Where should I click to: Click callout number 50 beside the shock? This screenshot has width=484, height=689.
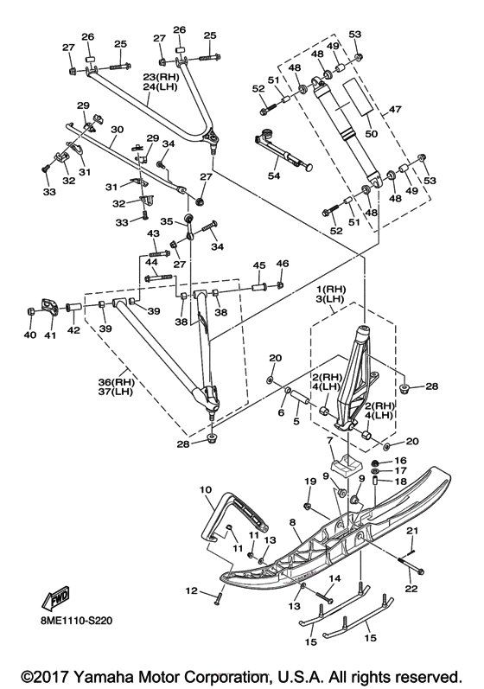click(x=372, y=133)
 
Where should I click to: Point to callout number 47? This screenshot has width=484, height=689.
click(x=395, y=109)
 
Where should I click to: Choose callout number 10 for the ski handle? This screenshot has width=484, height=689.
click(x=206, y=489)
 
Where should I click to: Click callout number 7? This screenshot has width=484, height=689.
click(x=329, y=440)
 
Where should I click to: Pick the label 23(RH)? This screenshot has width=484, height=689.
click(x=161, y=76)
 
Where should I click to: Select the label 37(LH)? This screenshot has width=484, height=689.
click(x=116, y=391)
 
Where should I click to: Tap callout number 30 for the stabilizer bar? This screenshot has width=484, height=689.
click(x=118, y=130)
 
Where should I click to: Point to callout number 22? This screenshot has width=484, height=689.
click(x=411, y=589)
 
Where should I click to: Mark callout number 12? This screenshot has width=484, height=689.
click(x=192, y=591)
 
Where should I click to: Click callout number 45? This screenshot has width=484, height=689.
click(x=259, y=265)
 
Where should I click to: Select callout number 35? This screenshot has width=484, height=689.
click(x=167, y=221)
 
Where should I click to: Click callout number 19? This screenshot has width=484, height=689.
click(x=310, y=481)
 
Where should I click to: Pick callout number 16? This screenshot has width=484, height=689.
click(x=400, y=461)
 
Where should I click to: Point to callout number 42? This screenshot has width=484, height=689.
click(x=73, y=329)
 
